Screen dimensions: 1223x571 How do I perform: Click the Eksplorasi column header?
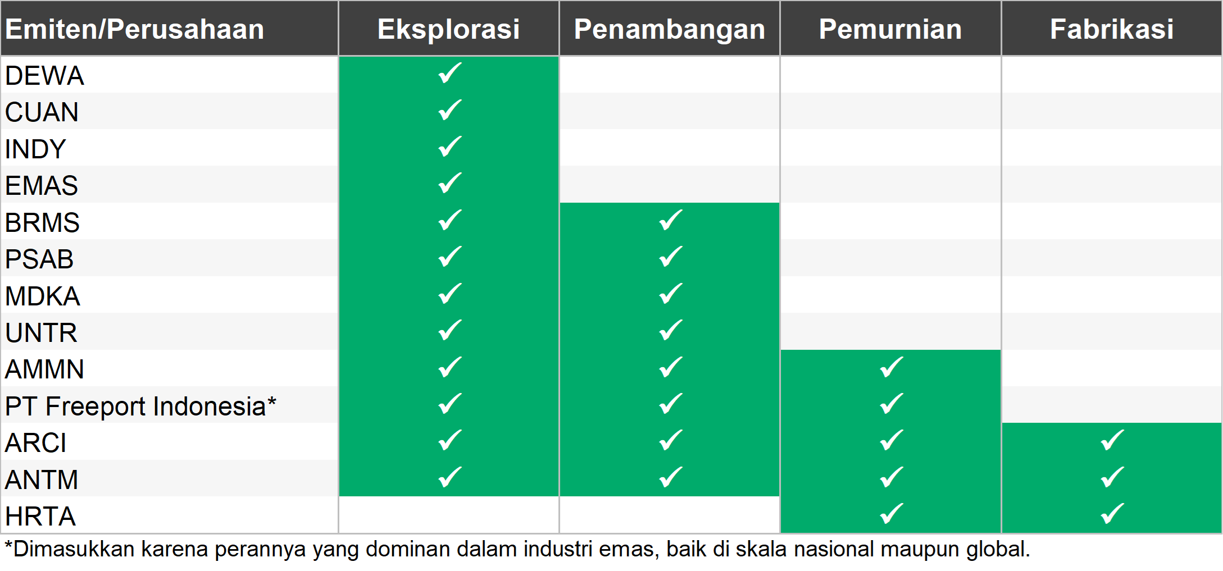click(448, 29)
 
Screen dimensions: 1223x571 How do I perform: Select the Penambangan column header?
click(669, 29)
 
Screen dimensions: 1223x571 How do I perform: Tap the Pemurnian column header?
click(890, 29)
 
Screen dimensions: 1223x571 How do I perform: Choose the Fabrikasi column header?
click(1111, 29)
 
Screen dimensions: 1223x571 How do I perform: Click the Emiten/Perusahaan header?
click(134, 29)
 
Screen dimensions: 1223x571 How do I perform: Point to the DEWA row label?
click(44, 75)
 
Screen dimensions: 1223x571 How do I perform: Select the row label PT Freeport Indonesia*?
click(140, 406)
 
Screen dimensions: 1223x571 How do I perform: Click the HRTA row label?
click(40, 516)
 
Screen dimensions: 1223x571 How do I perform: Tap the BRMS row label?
click(42, 222)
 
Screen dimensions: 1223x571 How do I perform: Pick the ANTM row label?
click(42, 479)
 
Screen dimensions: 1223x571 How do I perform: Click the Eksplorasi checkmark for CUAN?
click(450, 110)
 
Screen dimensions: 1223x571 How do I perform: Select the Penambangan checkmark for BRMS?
click(671, 220)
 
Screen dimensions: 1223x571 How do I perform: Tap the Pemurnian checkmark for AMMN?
click(892, 367)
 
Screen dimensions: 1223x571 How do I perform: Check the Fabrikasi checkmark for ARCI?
click(1112, 440)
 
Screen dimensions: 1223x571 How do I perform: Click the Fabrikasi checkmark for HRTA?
click(1112, 514)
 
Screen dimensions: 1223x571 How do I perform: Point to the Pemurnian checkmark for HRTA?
click(892, 514)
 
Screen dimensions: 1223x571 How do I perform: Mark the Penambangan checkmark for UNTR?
click(671, 330)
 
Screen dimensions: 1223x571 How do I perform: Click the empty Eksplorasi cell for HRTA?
click(448, 515)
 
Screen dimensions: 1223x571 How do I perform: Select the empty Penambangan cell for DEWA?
click(669, 74)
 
